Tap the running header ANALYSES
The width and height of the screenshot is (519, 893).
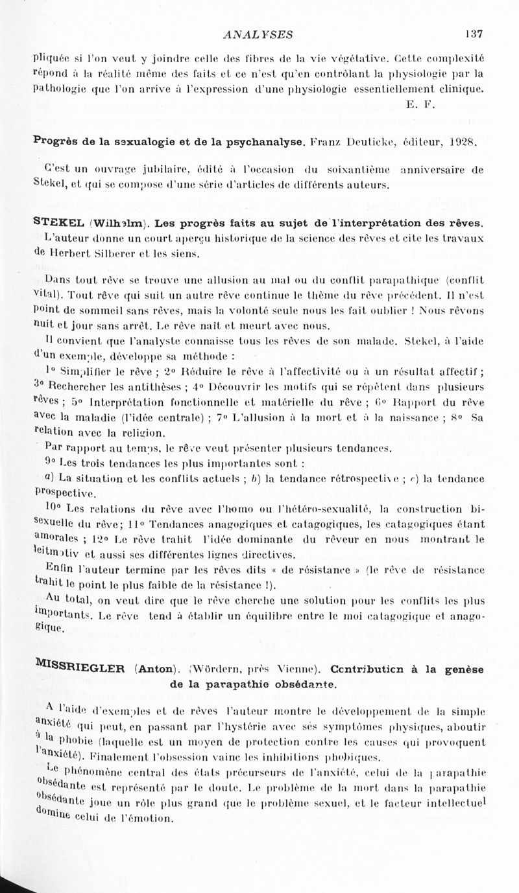click(257, 34)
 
